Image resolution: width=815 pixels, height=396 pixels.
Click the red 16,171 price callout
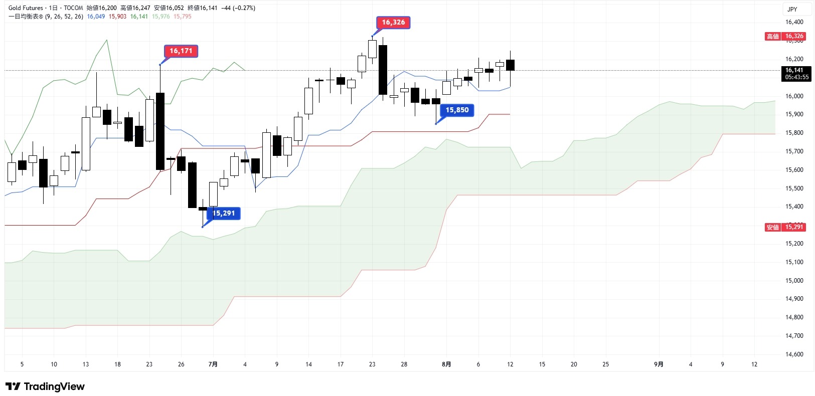[181, 51]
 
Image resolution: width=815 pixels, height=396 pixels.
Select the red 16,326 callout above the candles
[393, 23]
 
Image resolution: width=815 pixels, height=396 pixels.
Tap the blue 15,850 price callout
[457, 110]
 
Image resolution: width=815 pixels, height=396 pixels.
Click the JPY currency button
[792, 9]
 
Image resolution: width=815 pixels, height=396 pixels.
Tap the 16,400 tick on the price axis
[794, 22]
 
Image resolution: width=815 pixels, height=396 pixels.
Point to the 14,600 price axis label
[794, 354]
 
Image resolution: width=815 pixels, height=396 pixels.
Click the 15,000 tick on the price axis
[794, 281]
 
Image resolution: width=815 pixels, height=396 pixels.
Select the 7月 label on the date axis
[213, 364]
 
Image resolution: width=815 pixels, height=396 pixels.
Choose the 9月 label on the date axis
[659, 364]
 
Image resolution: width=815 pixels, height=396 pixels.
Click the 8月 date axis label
[446, 364]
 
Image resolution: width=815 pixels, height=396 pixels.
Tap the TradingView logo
[45, 386]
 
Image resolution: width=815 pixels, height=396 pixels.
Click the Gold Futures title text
[26, 8]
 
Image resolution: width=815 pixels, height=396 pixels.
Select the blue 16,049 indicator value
[96, 17]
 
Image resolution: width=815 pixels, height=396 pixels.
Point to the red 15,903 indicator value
[117, 17]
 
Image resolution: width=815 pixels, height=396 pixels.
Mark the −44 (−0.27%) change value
[238, 8]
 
